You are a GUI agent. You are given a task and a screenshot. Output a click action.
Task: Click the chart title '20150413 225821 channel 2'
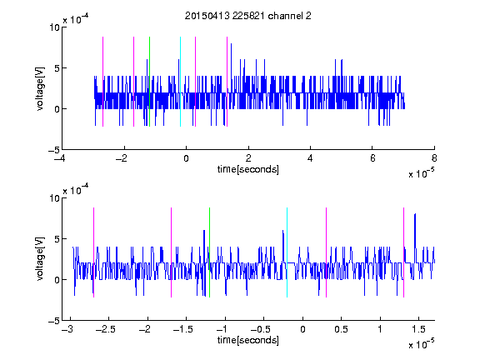[x=248, y=16]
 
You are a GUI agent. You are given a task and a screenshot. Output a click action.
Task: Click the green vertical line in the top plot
[x=149, y=82]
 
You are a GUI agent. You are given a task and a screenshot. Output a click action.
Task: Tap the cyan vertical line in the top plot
[x=180, y=82]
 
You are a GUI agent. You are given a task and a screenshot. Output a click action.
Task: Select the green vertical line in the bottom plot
[x=209, y=252]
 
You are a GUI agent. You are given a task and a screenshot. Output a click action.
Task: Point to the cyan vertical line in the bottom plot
[x=287, y=252]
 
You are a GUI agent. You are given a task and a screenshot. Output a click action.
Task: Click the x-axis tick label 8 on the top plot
[x=434, y=158]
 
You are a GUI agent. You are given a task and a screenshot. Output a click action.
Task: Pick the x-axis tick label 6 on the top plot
[x=372, y=158]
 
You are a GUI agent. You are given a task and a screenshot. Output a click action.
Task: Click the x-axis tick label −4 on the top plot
[x=59, y=158]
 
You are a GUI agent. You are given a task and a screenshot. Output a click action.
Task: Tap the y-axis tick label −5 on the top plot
[x=54, y=150]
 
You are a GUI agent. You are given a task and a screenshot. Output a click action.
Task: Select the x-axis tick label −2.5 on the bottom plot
[x=105, y=329]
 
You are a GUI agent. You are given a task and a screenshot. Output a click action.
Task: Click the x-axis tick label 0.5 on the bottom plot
[x=341, y=329]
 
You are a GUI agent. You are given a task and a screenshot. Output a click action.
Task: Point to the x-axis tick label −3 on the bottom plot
[x=67, y=329]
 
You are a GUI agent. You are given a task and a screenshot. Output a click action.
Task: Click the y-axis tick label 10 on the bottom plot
[x=54, y=197]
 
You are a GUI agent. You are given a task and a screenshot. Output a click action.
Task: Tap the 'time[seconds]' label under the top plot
[x=248, y=169]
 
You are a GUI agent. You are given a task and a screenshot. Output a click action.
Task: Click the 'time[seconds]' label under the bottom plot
[x=248, y=340]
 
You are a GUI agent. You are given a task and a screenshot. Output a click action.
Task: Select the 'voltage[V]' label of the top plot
[x=40, y=88]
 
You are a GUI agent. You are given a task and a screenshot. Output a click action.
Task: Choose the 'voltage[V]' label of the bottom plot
[x=40, y=259]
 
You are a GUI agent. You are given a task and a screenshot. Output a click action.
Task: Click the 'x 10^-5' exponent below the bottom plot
[x=421, y=343]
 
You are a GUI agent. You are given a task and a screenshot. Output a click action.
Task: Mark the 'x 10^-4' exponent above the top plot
[x=76, y=19]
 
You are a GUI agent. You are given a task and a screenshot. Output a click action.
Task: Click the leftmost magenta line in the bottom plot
[x=93, y=252]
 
